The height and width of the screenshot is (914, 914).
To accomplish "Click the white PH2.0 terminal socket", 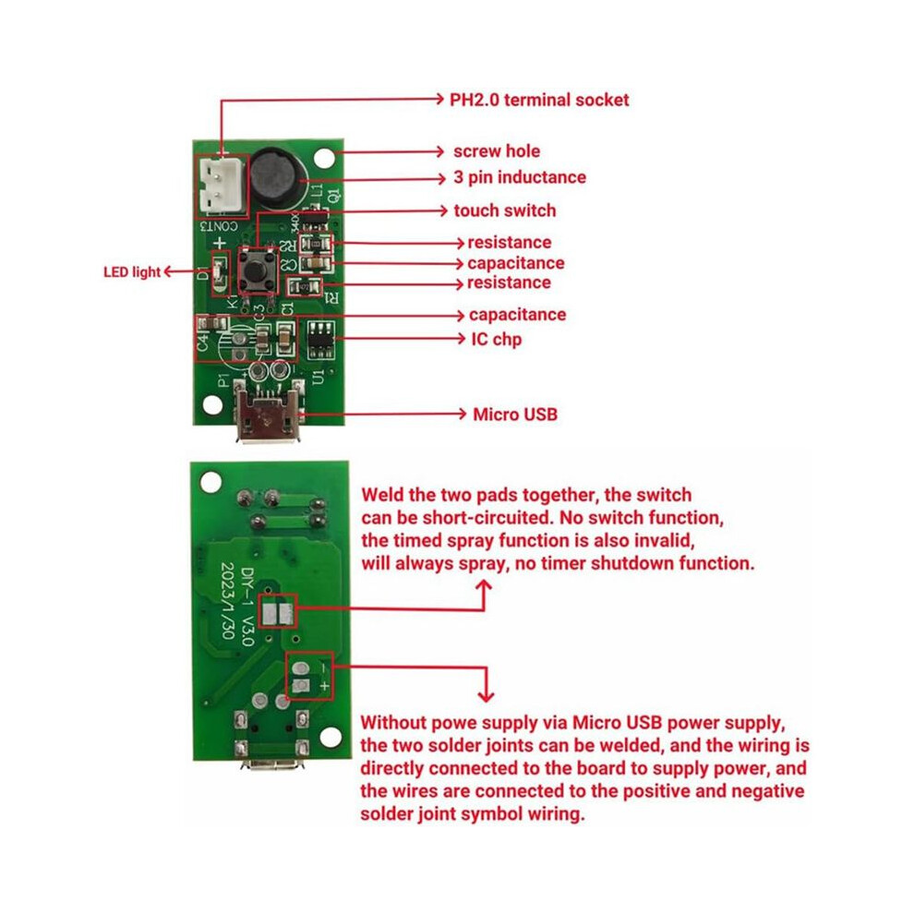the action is pos(220,186).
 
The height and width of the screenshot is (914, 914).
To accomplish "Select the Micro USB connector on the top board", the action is pos(268,410).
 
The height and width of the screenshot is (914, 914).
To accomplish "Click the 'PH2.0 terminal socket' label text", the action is pos(539,101).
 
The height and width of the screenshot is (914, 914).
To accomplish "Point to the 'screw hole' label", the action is pos(497,151).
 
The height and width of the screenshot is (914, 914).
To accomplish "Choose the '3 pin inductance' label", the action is pos(520,177).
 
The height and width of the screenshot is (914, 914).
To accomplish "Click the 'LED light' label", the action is pos(132,272).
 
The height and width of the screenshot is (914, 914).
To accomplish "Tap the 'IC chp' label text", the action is pos(497,339).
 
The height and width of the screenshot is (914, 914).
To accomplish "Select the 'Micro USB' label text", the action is pos(515,415).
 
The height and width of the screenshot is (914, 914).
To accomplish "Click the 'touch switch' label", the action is pos(505,210).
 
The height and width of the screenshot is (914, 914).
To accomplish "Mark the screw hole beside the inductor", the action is pos(324,158).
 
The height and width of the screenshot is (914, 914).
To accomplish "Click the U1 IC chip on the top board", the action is pos(320,339).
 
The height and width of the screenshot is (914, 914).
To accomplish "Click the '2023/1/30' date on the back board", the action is pos(228,600).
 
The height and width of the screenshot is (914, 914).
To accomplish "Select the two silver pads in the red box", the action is pos(278,613).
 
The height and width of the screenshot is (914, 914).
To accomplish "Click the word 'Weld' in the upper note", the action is pos(382,495).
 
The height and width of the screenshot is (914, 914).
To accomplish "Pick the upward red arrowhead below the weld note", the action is pos(484,586).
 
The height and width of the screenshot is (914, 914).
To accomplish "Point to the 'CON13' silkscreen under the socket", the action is pos(219,226).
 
